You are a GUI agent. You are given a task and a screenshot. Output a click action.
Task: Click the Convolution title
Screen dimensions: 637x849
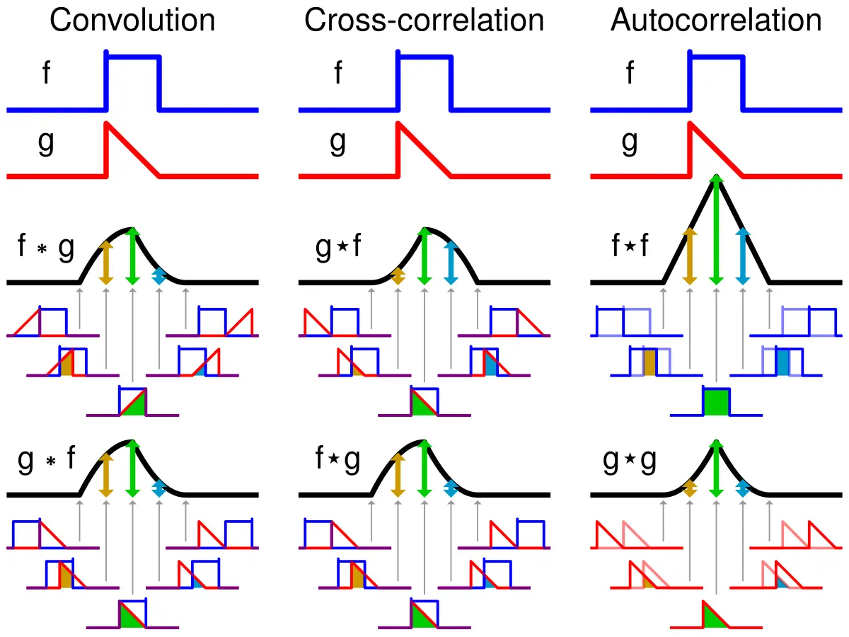tap(132, 21)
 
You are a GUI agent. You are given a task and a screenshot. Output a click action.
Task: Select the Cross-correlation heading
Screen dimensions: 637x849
tap(424, 21)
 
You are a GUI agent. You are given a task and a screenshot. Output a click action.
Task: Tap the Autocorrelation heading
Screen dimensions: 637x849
tap(716, 21)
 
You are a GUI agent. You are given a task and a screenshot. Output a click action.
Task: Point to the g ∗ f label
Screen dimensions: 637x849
tap(45, 460)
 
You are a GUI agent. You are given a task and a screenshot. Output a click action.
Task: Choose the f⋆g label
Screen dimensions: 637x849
tap(337, 460)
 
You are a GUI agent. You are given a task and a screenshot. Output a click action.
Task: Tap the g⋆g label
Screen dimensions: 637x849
tap(630, 460)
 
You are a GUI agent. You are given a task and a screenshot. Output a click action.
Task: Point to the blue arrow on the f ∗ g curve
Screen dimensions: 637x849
tap(158, 276)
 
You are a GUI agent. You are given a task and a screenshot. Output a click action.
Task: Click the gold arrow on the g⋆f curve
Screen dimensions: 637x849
tap(398, 276)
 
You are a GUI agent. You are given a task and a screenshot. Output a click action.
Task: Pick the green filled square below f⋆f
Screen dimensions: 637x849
tap(716, 402)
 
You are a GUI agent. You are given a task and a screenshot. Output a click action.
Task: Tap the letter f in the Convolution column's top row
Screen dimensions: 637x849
tap(46, 73)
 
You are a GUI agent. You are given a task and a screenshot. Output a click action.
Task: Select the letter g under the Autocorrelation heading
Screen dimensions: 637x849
tap(630, 142)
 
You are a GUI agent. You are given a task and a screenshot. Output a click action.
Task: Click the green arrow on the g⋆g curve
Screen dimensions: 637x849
tap(717, 467)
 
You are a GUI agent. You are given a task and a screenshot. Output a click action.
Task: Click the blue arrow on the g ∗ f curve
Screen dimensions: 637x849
tap(158, 488)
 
